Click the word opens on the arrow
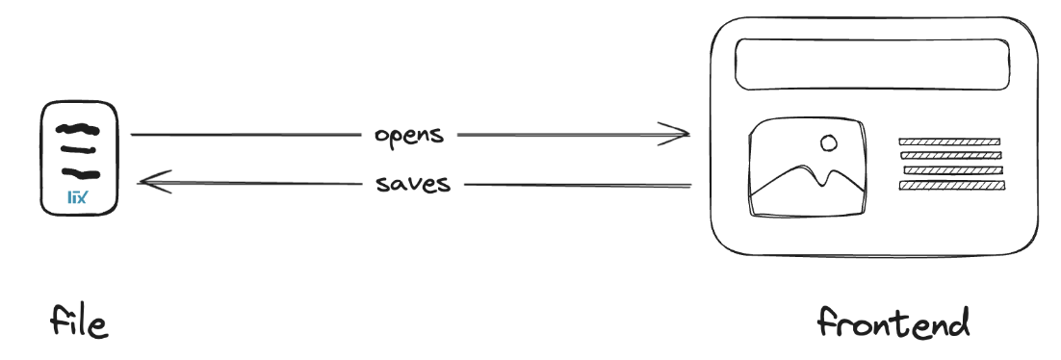(x=409, y=134)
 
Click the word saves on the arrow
(x=413, y=183)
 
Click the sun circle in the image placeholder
(x=827, y=144)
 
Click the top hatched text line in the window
(x=950, y=141)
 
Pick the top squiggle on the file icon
(x=77, y=127)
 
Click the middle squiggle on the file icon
(x=78, y=149)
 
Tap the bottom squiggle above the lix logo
(x=78, y=174)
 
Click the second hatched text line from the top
(x=950, y=155)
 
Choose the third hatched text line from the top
(x=950, y=170)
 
